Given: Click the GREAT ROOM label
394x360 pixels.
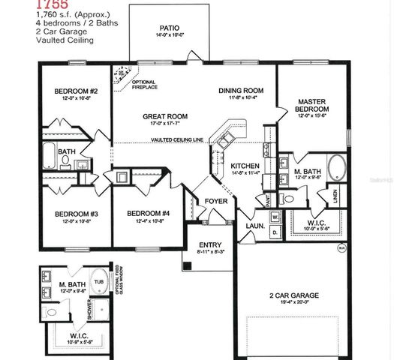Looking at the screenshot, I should pyautogui.click(x=166, y=116).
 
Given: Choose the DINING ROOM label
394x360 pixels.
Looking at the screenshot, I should pyautogui.click(x=238, y=91).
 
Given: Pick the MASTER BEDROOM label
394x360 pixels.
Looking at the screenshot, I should pyautogui.click(x=311, y=105).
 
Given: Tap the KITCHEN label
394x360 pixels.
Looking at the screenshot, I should pyautogui.click(x=245, y=166).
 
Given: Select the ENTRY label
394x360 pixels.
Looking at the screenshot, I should pyautogui.click(x=209, y=245).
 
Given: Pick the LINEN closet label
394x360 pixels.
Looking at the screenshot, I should pyautogui.click(x=336, y=197).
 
